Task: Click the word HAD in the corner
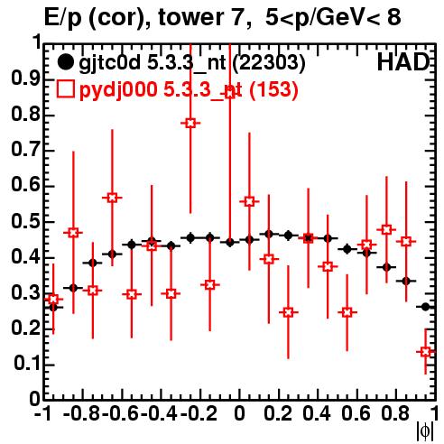pyautogui.click(x=402, y=62)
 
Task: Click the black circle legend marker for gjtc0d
pyautogui.click(x=65, y=62)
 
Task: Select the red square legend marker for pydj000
pyautogui.click(x=65, y=89)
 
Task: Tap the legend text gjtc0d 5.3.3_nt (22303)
pyautogui.click(x=192, y=63)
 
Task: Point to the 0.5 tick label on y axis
pyautogui.click(x=26, y=222)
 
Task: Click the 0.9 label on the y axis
pyautogui.click(x=26, y=79)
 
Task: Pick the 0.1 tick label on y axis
pyautogui.click(x=27, y=365)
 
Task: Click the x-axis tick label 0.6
pyautogui.click(x=356, y=413)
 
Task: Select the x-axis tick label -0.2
pyautogui.click(x=199, y=413)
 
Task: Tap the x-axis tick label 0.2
pyautogui.click(x=278, y=413)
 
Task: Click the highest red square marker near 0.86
pyautogui.click(x=230, y=94)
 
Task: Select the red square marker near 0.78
pyautogui.click(x=190, y=123)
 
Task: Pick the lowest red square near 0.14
pyautogui.click(x=425, y=351)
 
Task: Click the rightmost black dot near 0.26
pyautogui.click(x=425, y=307)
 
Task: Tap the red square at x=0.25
pyautogui.click(x=288, y=312)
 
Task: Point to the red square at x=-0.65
pyautogui.click(x=112, y=198)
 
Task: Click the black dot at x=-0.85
pyautogui.click(x=73, y=288)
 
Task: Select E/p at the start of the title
pyautogui.click(x=63, y=19)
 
